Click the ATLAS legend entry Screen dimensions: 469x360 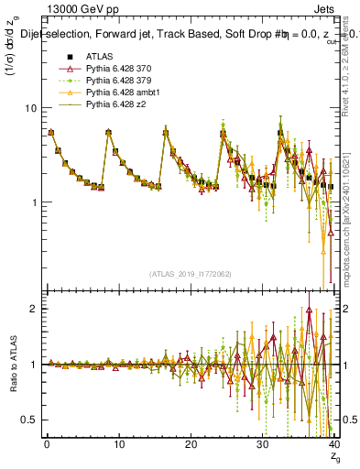[x=100, y=59]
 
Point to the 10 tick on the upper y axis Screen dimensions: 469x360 [x=31, y=108]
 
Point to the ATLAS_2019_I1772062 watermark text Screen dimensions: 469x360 [x=191, y=274]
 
